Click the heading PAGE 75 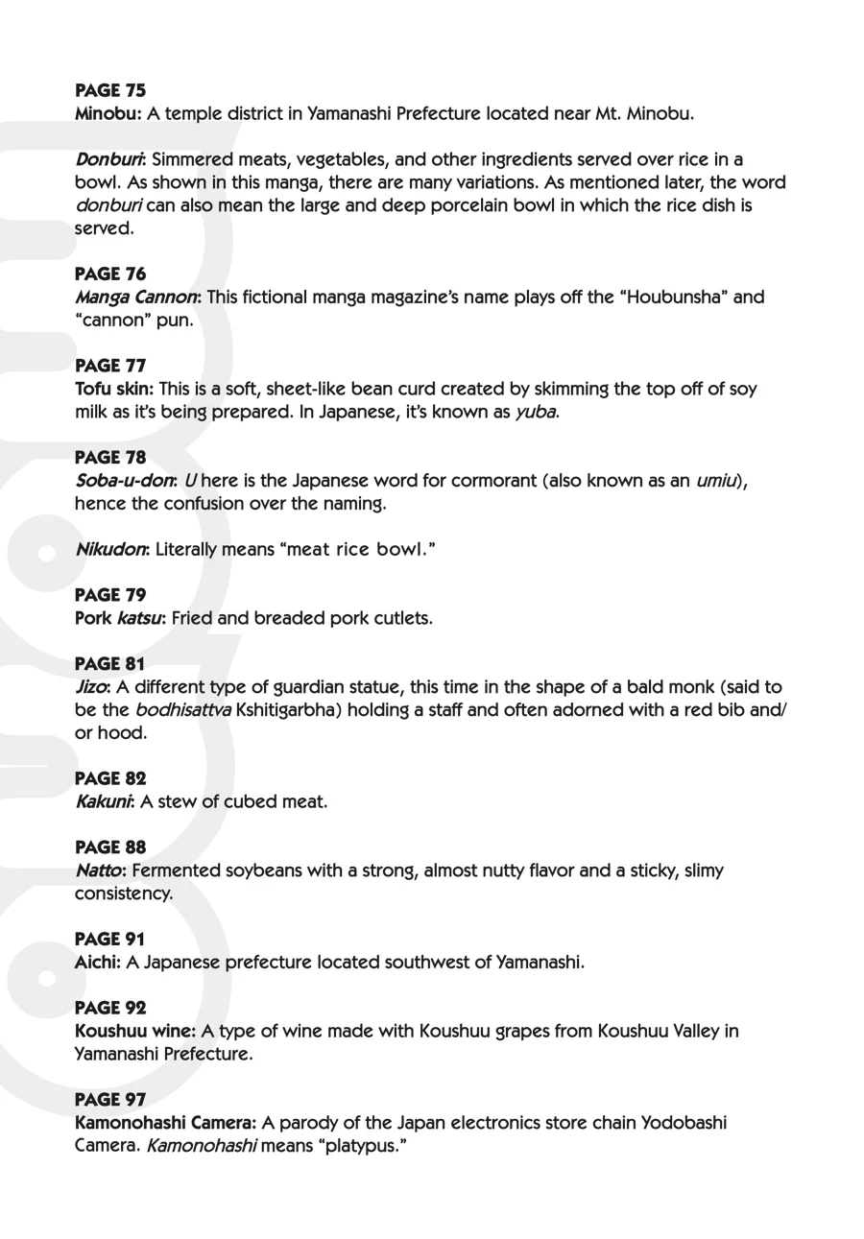point(110,90)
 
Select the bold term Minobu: point(108,113)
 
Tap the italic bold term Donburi point(109,159)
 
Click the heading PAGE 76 point(110,274)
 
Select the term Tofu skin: point(113,389)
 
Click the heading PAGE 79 point(110,595)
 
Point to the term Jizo point(91,687)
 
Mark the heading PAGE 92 point(110,1008)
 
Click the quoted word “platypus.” point(355,1146)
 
